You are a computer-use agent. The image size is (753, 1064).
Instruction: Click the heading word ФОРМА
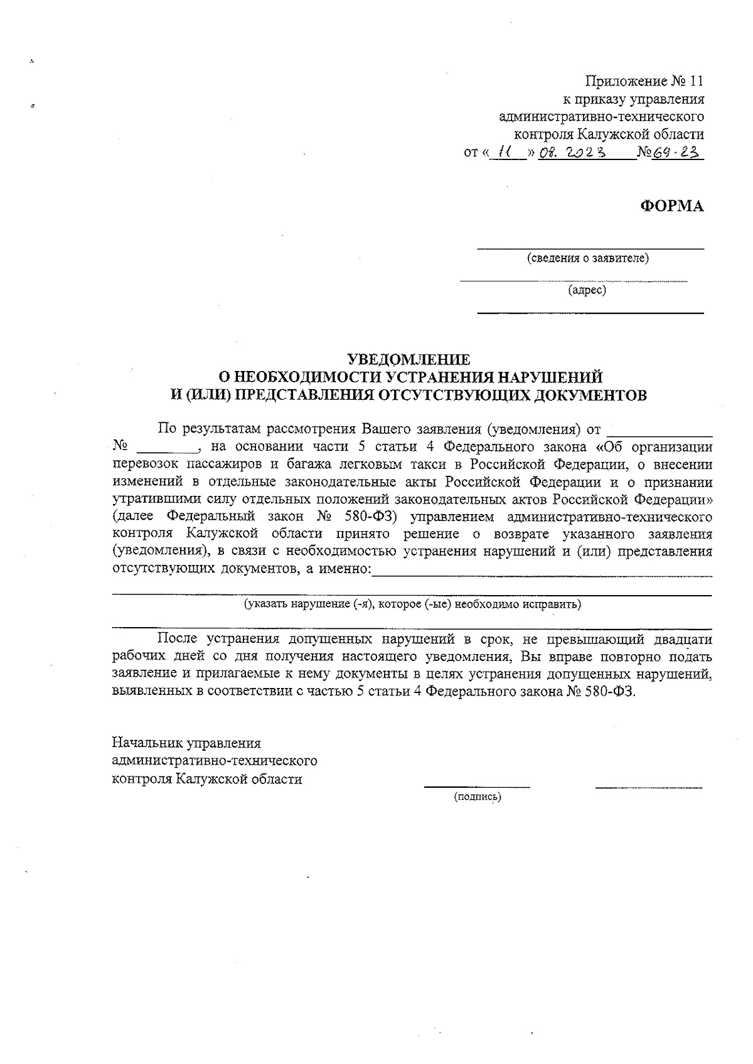(x=671, y=206)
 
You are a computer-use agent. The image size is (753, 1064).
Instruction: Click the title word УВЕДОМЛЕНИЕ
(x=409, y=360)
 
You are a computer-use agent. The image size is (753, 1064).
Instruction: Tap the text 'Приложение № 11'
(x=644, y=81)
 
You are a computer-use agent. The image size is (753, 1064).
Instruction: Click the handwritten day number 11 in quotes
(x=504, y=151)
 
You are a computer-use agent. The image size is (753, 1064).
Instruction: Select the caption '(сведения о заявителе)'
(x=588, y=258)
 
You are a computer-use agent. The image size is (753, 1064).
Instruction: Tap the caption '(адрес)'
(x=587, y=290)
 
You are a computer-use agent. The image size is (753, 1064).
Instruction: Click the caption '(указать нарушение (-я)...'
(x=412, y=605)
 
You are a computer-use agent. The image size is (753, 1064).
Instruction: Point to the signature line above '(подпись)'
(x=477, y=786)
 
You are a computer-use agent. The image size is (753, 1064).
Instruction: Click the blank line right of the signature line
(x=648, y=786)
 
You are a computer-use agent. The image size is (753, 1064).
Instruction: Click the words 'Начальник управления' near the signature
(x=186, y=743)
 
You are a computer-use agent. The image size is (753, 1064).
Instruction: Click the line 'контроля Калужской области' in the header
(x=609, y=134)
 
